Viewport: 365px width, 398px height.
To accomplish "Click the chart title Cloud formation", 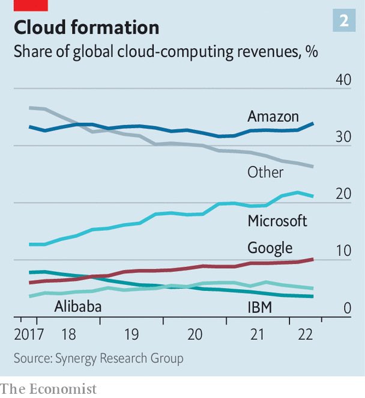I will pos(86,28).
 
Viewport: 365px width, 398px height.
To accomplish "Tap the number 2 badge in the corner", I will pos(344,21).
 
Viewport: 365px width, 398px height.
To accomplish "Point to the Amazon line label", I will pos(273,116).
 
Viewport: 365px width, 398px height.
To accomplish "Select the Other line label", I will pos(265,172).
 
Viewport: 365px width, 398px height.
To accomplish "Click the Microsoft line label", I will pos(277,221).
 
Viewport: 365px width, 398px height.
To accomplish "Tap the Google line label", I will pos(270,248).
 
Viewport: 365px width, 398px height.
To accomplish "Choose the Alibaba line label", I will pos(77,308).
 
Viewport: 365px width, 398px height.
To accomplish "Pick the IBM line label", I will pos(260,308).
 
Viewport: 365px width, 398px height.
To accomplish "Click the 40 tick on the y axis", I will pos(343,81).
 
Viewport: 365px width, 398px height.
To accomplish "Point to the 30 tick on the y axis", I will pos(343,137).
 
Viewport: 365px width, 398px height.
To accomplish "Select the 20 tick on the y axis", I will pos(343,194).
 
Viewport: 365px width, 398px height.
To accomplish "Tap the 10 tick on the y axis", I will pos(343,251).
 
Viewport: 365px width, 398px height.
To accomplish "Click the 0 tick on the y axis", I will pos(347,308).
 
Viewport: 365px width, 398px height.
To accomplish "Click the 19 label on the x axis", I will pos(131,334).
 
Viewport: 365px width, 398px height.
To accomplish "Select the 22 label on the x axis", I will pos(306,334).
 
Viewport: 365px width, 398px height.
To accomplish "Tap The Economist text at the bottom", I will pos(48,389).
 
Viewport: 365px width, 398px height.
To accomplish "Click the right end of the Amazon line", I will pos(313,123).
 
